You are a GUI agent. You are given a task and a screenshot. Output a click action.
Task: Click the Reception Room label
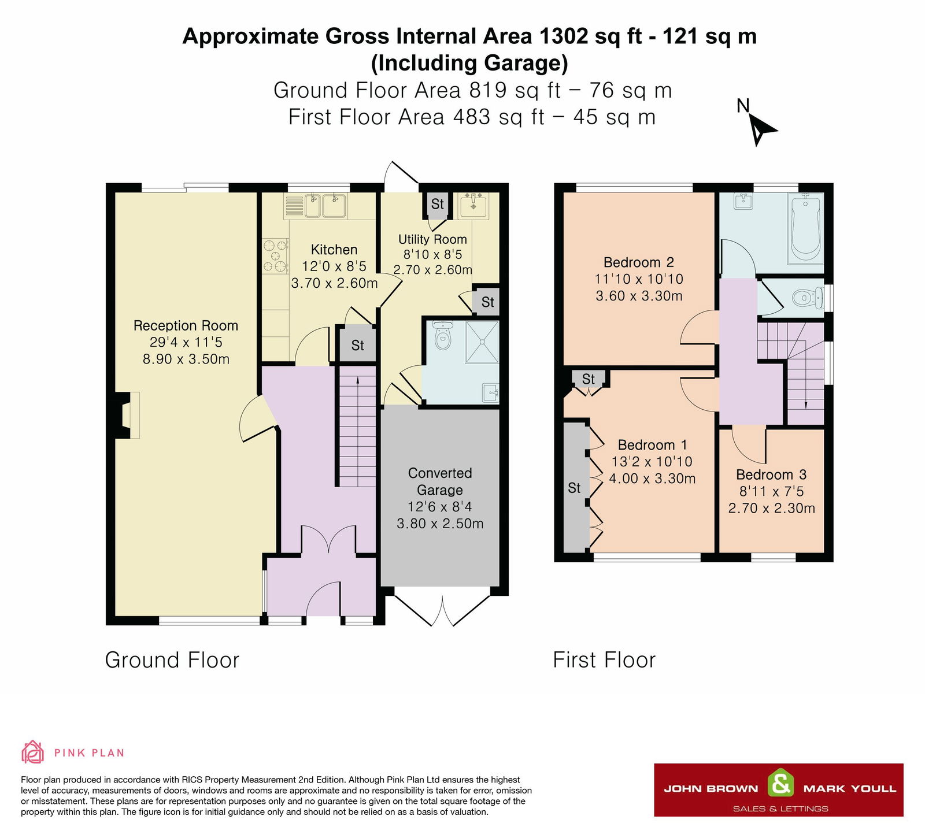pyautogui.click(x=186, y=325)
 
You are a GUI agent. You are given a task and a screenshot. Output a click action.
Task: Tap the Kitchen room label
pyautogui.click(x=334, y=250)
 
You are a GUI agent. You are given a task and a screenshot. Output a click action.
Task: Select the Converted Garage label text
pyautogui.click(x=440, y=481)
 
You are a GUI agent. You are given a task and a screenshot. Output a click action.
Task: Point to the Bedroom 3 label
pyautogui.click(x=771, y=474)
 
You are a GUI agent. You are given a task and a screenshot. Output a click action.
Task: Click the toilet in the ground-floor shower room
pyautogui.click(x=442, y=336)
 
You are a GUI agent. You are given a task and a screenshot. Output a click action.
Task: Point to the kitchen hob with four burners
pyautogui.click(x=275, y=256)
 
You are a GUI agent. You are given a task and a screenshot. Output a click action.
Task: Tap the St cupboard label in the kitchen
pyautogui.click(x=358, y=346)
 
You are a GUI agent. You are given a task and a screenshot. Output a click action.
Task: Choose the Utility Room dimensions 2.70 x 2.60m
pyautogui.click(x=432, y=270)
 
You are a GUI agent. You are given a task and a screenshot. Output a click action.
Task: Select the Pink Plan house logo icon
pyautogui.click(x=33, y=752)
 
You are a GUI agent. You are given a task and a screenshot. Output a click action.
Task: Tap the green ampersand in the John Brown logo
pyautogui.click(x=780, y=784)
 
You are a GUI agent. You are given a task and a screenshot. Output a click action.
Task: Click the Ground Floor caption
pyautogui.click(x=172, y=660)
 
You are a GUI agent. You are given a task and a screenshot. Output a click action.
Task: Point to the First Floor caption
pyautogui.click(x=604, y=660)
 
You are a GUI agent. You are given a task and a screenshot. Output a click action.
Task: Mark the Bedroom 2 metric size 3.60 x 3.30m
pyautogui.click(x=639, y=296)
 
